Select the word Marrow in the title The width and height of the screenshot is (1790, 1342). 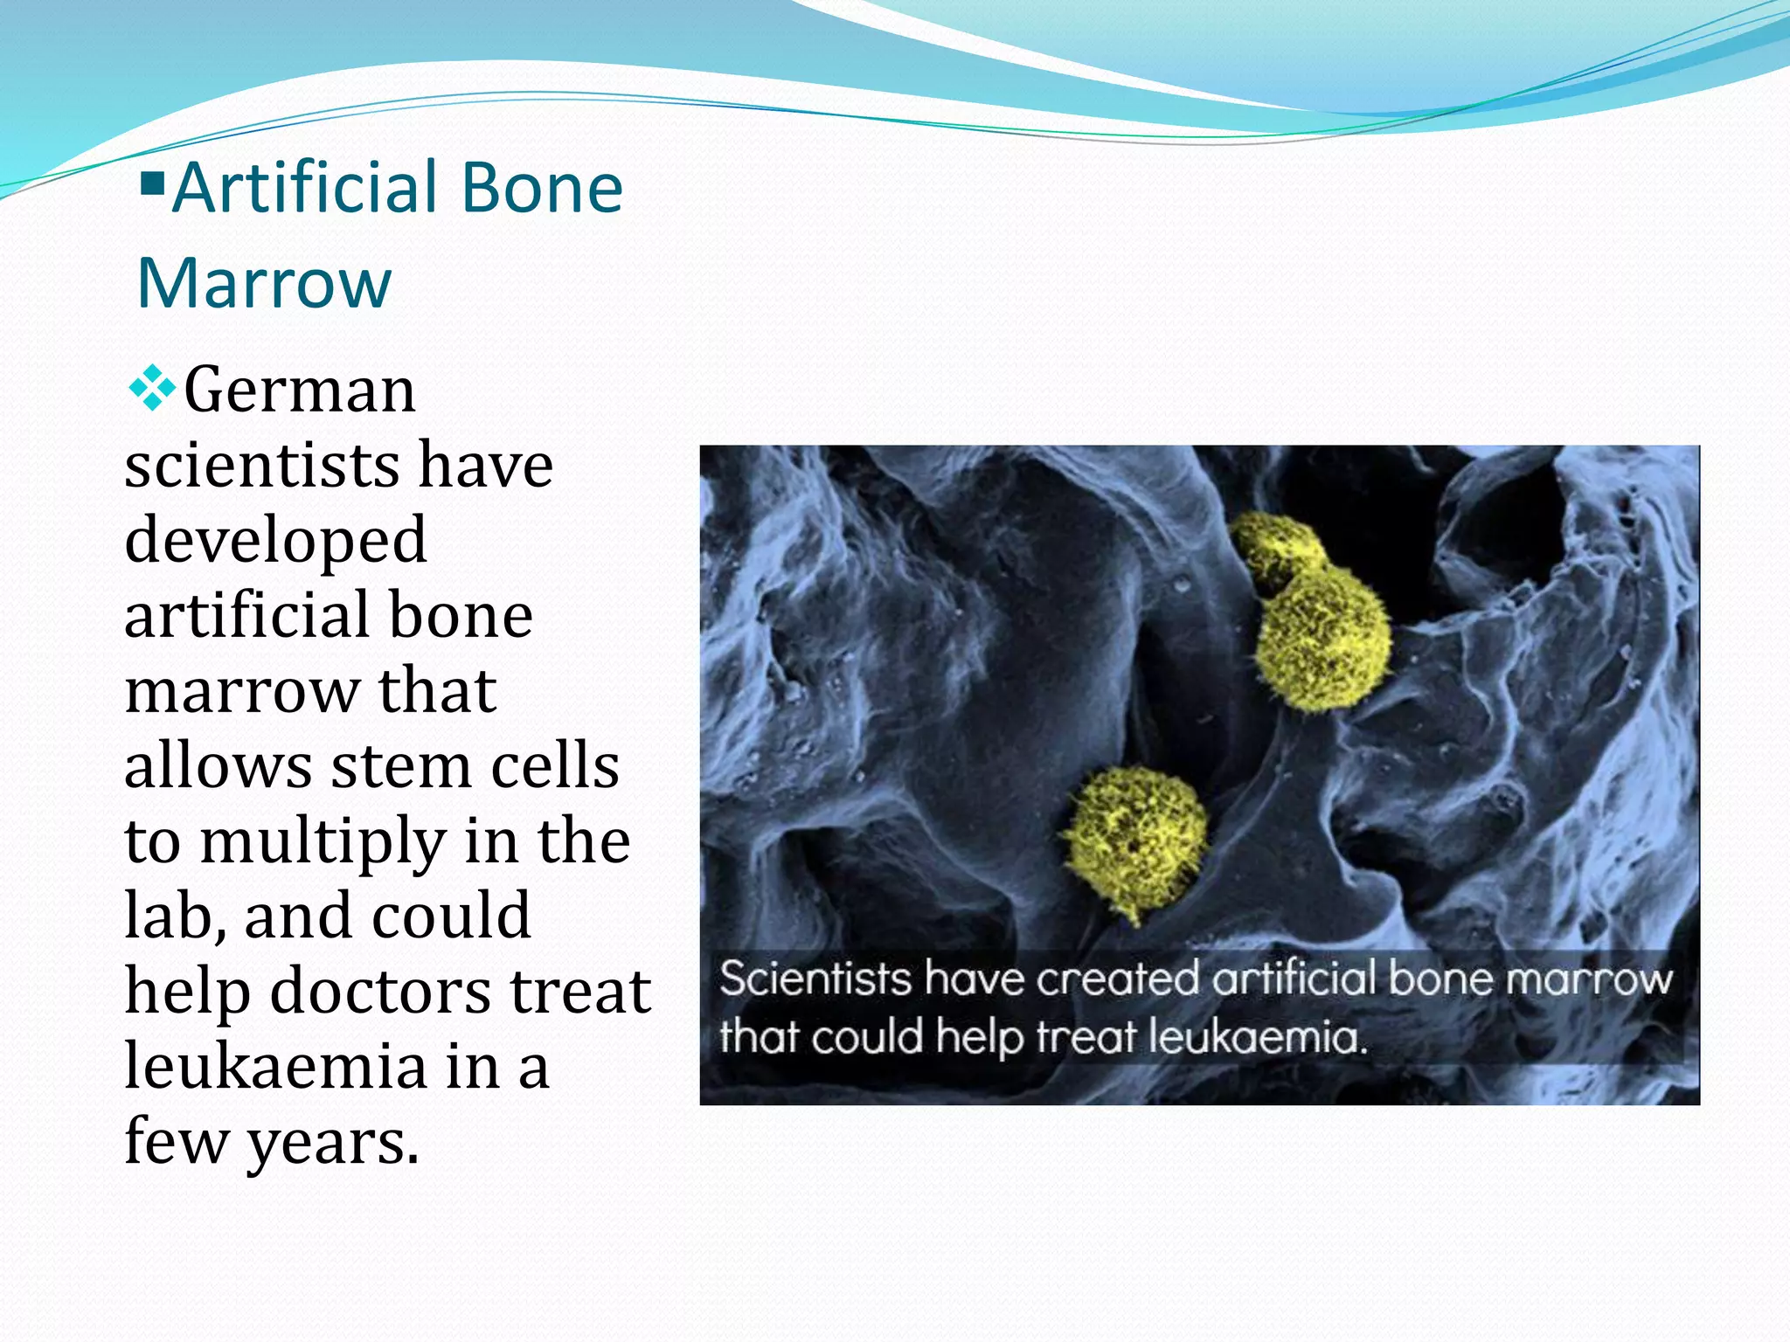(x=264, y=283)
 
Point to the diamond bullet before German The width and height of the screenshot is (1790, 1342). (x=152, y=387)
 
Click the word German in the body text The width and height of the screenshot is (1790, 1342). (x=300, y=389)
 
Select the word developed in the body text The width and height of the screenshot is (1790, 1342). (x=276, y=539)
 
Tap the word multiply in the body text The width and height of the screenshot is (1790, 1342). (x=323, y=840)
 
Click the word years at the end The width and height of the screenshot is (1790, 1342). (x=332, y=1142)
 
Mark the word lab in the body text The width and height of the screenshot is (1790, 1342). (x=170, y=916)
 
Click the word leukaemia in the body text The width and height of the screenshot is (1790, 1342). (x=276, y=1067)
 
